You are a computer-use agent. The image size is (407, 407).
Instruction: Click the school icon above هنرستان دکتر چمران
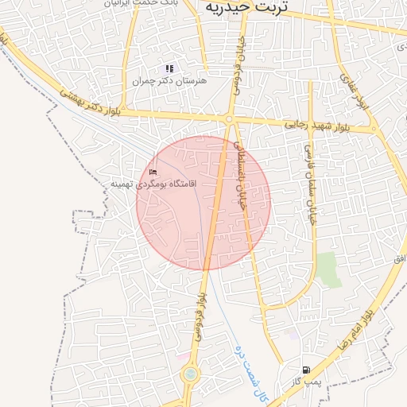169,69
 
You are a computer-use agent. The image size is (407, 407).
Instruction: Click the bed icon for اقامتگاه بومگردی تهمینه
153,172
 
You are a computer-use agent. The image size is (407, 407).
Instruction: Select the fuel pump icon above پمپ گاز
306,370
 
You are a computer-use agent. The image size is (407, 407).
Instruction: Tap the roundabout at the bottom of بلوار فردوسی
189,374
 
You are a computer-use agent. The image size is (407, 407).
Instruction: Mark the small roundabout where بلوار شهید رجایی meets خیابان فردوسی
229,120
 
